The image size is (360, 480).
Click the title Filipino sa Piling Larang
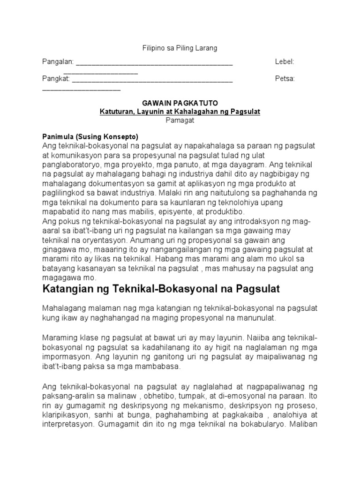pyautogui.click(x=180, y=48)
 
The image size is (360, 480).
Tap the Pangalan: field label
pyautogui.click(x=58, y=62)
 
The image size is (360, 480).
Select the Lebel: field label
pyautogui.click(x=284, y=62)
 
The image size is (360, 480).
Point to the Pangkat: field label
pyautogui.click(x=56, y=79)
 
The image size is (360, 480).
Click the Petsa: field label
pyautogui.click(x=285, y=79)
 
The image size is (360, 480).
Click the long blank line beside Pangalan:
pyautogui.click(x=154, y=63)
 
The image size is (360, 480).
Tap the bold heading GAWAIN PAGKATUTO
pyautogui.click(x=180, y=103)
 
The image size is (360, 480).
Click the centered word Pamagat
pyautogui.click(x=180, y=120)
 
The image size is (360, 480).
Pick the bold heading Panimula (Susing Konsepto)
pyautogui.click(x=90, y=137)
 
